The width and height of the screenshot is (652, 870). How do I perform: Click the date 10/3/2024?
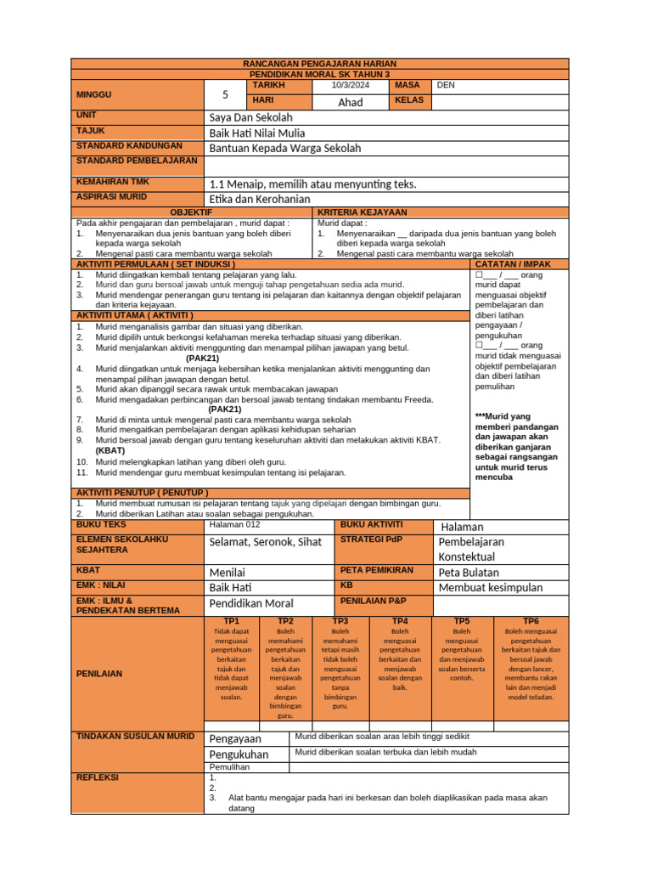coord(350,85)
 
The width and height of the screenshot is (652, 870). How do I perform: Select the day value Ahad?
coord(350,102)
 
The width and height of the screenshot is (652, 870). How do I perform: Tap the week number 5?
coord(225,94)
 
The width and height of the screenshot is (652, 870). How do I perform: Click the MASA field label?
coord(407,85)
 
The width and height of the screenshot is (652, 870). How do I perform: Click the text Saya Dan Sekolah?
coord(250,116)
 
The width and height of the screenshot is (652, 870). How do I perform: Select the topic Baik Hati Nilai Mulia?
coord(257,133)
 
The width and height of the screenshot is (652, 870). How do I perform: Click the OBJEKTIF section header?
coord(192,212)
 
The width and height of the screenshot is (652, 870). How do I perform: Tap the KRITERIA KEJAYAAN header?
coord(363,212)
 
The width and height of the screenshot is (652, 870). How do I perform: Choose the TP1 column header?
coord(232,621)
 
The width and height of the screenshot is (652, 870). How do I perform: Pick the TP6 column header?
coord(531,621)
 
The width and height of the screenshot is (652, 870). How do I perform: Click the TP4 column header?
coord(400,621)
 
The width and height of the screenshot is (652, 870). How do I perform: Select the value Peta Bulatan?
coord(469,572)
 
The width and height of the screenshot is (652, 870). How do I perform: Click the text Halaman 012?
coord(236,524)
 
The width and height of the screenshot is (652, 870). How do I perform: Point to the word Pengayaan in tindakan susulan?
coord(235,738)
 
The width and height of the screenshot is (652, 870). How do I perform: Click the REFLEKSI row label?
coord(98,777)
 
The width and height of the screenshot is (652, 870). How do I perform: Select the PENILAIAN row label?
coord(99,673)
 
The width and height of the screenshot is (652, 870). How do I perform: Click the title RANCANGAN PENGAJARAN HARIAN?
coord(319,64)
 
